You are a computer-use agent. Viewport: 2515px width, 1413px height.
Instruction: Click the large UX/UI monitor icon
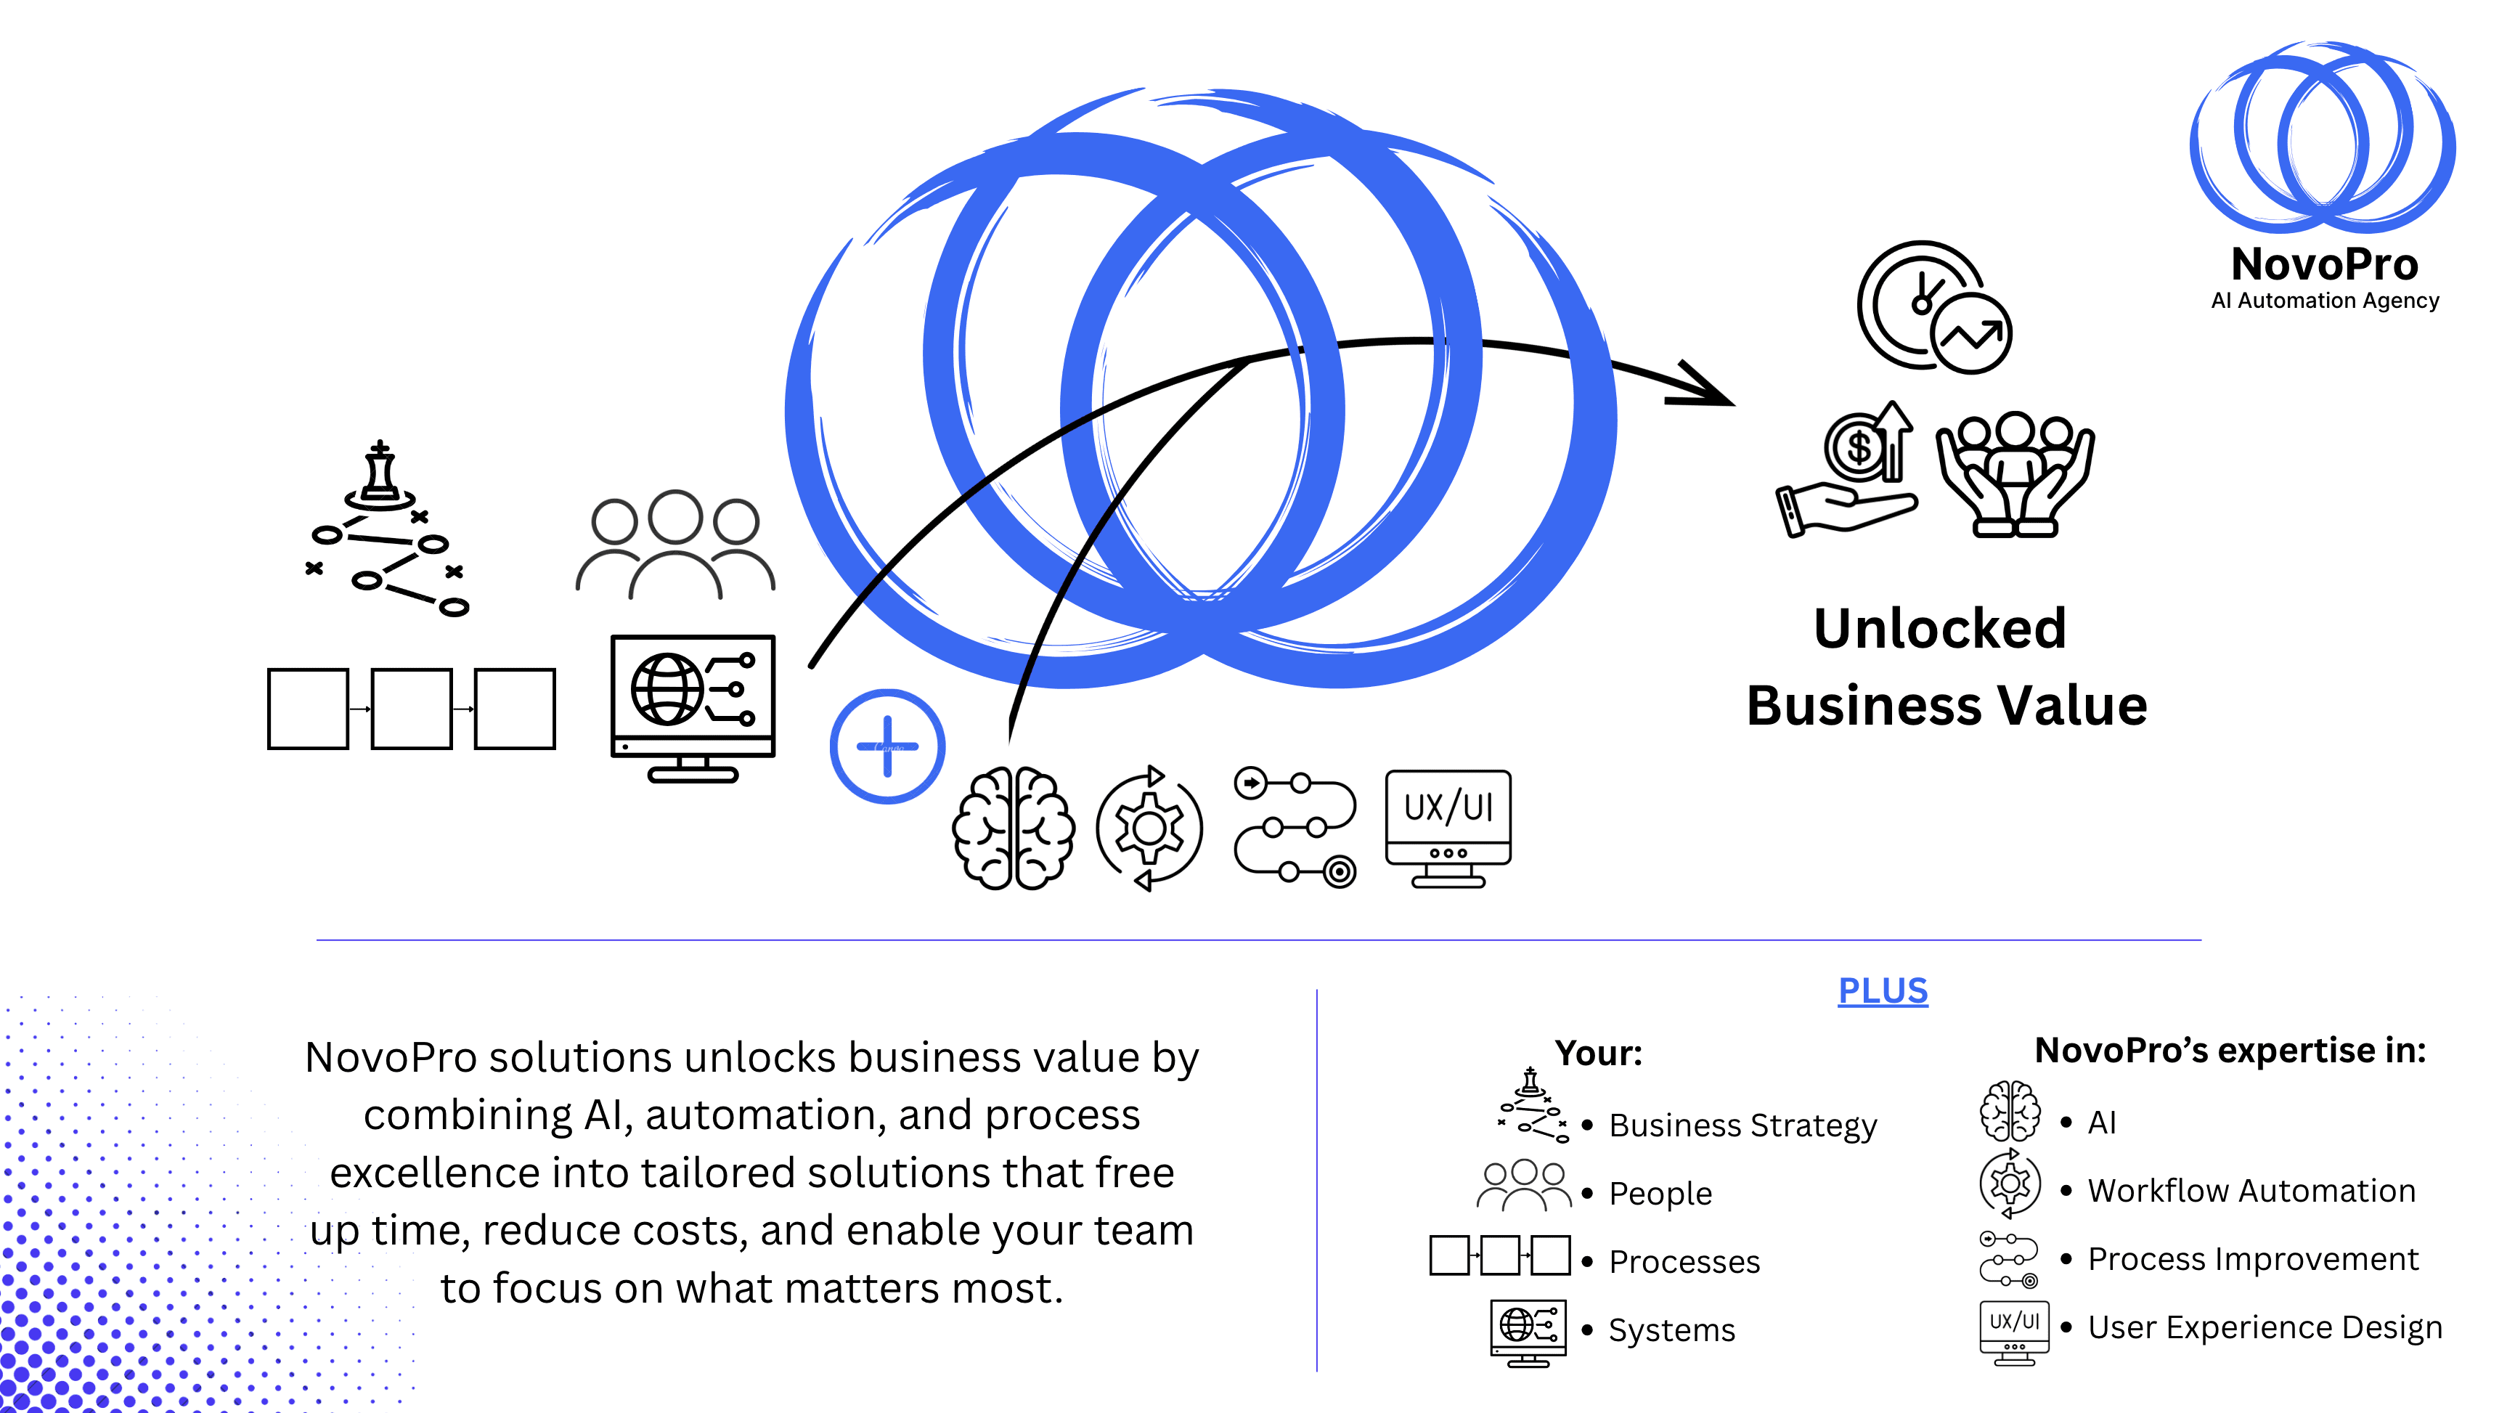(1448, 826)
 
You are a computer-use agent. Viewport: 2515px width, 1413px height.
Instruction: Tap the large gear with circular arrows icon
(1149, 828)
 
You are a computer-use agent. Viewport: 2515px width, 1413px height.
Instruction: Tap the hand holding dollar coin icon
(1846, 470)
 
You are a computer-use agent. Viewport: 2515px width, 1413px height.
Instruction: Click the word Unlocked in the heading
(1939, 628)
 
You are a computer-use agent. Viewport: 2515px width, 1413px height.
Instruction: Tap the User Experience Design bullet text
(2264, 1327)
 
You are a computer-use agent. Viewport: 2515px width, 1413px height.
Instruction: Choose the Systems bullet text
(1671, 1330)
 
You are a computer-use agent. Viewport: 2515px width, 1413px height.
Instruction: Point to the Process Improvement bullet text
(2252, 1259)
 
